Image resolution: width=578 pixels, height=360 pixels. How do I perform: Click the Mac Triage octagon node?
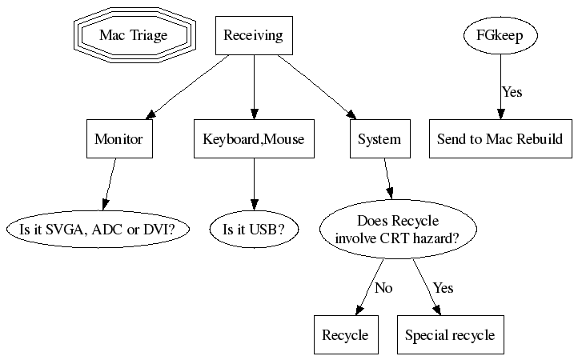133,36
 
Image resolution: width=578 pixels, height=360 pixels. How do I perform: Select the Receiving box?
254,36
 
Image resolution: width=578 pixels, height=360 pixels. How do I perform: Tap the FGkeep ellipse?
500,36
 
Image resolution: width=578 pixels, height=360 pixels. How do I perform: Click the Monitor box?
118,139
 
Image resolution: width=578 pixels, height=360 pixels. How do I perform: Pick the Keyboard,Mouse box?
254,139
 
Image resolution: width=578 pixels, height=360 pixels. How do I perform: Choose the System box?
379,139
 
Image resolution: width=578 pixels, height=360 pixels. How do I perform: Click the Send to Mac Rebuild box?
500,139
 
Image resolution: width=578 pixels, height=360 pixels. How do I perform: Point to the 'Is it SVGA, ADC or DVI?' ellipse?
102,230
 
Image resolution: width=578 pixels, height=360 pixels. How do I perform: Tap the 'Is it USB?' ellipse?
254,230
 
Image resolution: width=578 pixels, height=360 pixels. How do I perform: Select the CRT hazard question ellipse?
398,230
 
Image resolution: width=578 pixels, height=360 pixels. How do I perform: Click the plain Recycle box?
345,335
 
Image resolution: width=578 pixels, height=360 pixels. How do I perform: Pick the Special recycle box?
450,335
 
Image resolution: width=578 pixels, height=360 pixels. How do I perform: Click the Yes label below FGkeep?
512,92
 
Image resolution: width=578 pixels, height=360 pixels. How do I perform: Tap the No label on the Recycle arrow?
383,288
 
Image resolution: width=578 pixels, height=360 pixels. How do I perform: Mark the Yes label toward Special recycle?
443,288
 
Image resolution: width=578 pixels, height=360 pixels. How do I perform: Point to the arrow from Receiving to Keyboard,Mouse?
254,86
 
